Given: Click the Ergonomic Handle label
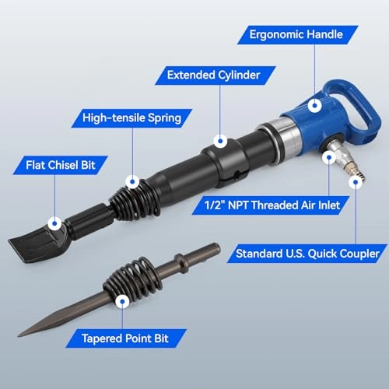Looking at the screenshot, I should tap(303, 35).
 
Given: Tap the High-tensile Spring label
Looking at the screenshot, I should tap(132, 118).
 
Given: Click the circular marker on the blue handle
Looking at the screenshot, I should tap(314, 103).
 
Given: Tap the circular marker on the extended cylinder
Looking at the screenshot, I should tap(221, 142).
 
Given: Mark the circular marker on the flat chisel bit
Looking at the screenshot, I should tap(54, 223).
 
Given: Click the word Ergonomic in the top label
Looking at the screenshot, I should tap(277, 35).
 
